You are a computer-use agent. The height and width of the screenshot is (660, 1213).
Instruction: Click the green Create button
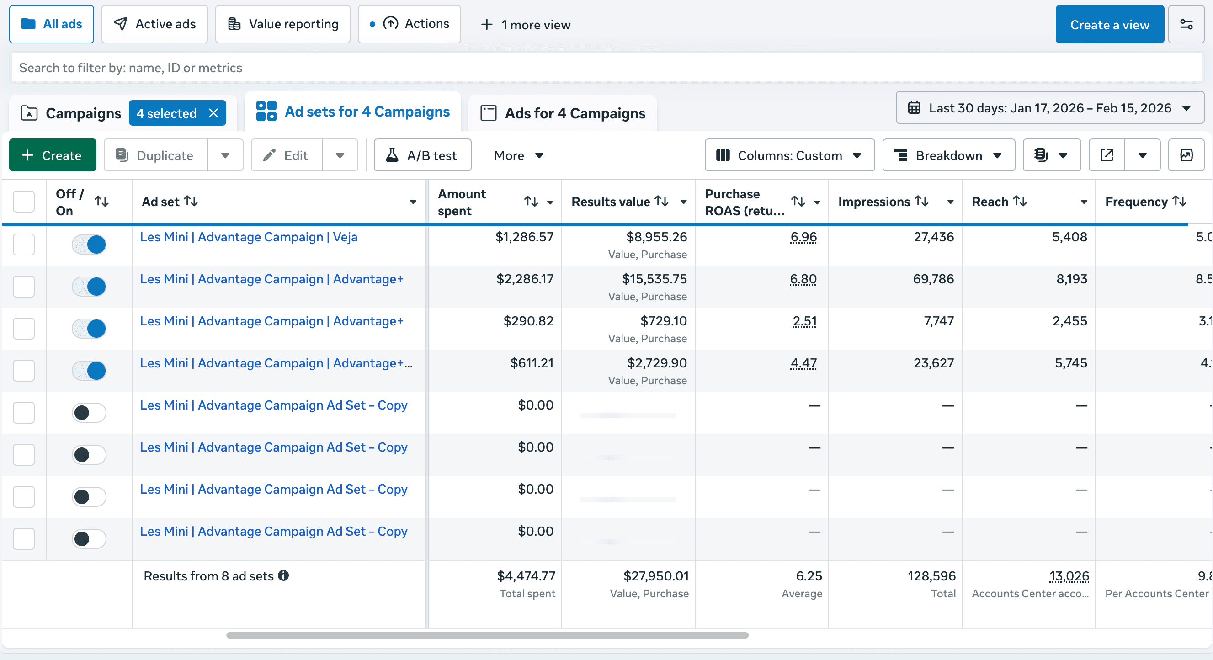pyautogui.click(x=53, y=155)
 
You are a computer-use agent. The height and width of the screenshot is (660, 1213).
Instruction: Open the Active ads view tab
pyautogui.click(x=154, y=24)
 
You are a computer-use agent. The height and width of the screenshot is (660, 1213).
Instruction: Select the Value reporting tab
pyautogui.click(x=282, y=24)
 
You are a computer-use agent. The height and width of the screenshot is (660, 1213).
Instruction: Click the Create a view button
pyautogui.click(x=1109, y=25)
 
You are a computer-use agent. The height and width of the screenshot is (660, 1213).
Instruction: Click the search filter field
pyautogui.click(x=606, y=68)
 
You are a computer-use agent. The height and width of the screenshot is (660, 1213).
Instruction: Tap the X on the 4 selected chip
pyautogui.click(x=213, y=113)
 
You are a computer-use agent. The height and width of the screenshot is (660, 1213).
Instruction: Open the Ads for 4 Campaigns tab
pyautogui.click(x=563, y=113)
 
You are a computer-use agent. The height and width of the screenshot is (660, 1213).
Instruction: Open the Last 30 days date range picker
pyautogui.click(x=1049, y=108)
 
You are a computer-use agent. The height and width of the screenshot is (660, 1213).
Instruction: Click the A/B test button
pyautogui.click(x=422, y=155)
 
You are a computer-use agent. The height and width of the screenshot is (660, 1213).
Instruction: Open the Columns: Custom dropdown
pyautogui.click(x=789, y=155)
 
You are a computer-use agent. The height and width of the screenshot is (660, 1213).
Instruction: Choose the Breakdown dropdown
pyautogui.click(x=948, y=155)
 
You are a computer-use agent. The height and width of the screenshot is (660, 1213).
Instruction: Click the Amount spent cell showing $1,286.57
pyautogui.click(x=524, y=237)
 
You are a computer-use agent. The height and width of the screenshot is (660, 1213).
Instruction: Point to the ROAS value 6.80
pyautogui.click(x=803, y=279)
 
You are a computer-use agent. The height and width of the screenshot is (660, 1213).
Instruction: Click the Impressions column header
pyautogui.click(x=874, y=202)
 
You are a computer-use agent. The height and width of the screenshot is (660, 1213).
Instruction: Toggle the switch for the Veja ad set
pyautogui.click(x=89, y=245)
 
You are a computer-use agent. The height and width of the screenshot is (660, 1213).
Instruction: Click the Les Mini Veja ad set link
pyautogui.click(x=249, y=237)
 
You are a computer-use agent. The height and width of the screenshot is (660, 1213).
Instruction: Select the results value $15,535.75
pyautogui.click(x=654, y=279)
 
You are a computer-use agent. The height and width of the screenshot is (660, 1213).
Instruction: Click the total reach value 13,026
pyautogui.click(x=1069, y=576)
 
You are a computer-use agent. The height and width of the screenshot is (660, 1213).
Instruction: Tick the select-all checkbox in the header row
pyautogui.click(x=24, y=202)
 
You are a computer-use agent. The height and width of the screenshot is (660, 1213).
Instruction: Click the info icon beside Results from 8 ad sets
pyautogui.click(x=283, y=576)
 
